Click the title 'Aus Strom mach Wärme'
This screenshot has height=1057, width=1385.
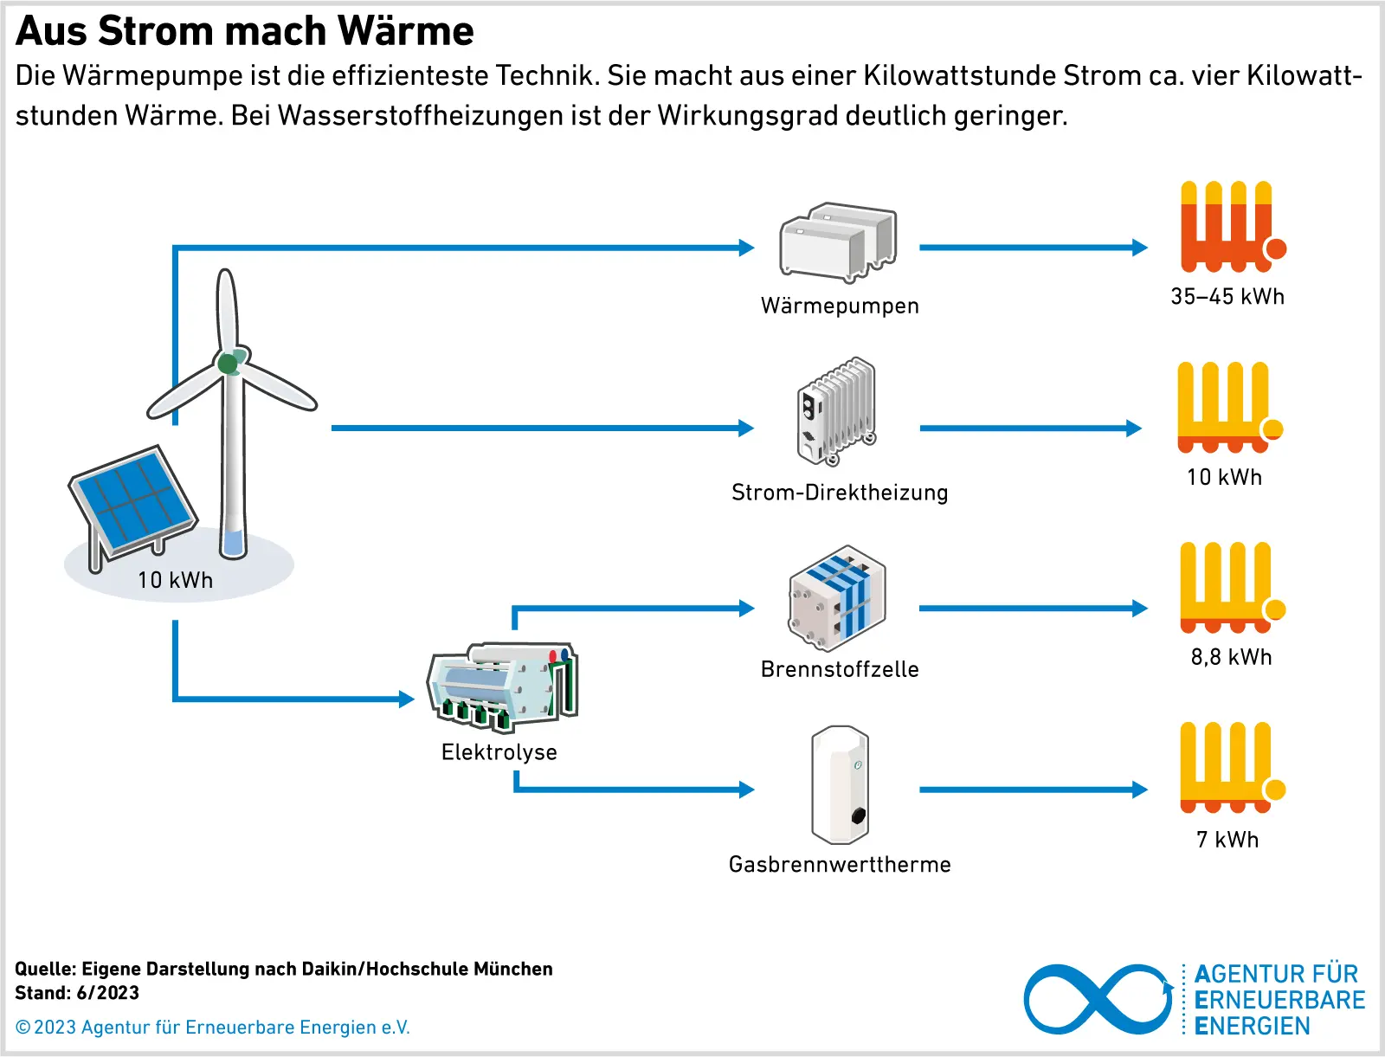[245, 31]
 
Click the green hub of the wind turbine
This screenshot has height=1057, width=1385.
[229, 363]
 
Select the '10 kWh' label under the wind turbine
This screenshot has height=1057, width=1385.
[175, 580]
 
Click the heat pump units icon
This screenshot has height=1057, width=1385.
[838, 243]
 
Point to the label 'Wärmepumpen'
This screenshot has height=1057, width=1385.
[840, 306]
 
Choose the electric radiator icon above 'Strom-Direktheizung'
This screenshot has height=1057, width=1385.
[836, 411]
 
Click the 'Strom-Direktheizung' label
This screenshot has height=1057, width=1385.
[840, 493]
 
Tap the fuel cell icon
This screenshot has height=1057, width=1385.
[837, 598]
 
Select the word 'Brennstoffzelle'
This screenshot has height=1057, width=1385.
[840, 669]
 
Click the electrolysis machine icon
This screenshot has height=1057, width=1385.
[502, 686]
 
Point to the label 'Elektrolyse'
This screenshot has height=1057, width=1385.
[499, 752]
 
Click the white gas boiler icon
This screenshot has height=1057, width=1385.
[840, 785]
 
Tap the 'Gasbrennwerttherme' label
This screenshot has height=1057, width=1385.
[840, 865]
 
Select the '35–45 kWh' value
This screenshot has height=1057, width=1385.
[1227, 297]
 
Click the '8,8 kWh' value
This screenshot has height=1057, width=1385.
[1231, 657]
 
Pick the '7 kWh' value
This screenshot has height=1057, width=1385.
[1227, 840]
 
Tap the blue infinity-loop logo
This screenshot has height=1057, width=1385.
[1098, 999]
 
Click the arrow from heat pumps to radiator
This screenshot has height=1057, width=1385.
[1033, 248]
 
